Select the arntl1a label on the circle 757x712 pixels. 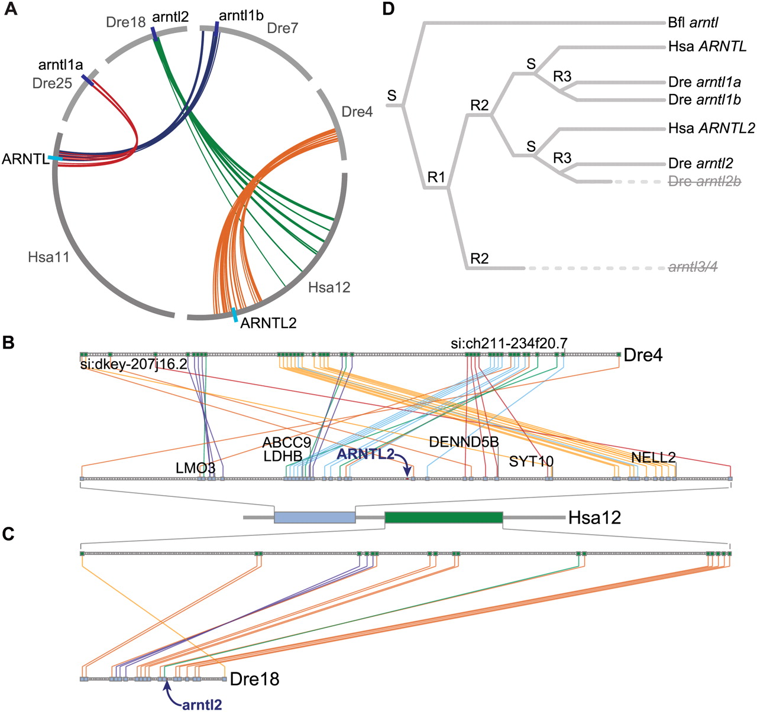pyautogui.click(x=60, y=65)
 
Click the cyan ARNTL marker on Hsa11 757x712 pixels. pyautogui.click(x=56, y=158)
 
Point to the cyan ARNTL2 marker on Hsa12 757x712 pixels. pyautogui.click(x=235, y=315)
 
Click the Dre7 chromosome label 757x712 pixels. pyautogui.click(x=283, y=28)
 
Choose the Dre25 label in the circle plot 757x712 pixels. pyautogui.click(x=52, y=83)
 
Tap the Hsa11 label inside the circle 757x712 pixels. pyautogui.click(x=48, y=257)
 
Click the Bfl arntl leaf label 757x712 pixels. pyautogui.click(x=693, y=23)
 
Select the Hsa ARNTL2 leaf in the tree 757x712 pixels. pyautogui.click(x=711, y=128)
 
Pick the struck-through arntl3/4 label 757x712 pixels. pyautogui.click(x=693, y=268)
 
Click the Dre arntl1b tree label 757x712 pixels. pyautogui.click(x=704, y=100)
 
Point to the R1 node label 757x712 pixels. pyautogui.click(x=436, y=177)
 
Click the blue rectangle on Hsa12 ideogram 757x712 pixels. pyautogui.click(x=315, y=518)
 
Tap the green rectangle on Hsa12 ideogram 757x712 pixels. pyautogui.click(x=444, y=518)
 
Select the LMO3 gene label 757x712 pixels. pyautogui.click(x=195, y=469)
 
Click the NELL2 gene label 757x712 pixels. pyautogui.click(x=653, y=457)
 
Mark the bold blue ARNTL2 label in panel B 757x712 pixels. pyautogui.click(x=365, y=454)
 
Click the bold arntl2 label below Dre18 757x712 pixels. pyautogui.click(x=202, y=704)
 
